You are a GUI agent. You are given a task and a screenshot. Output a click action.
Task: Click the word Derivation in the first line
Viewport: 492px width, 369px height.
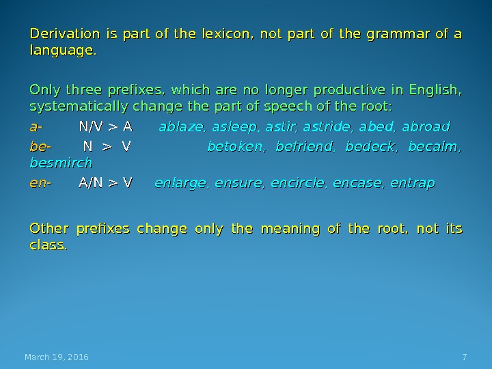coord(59,33)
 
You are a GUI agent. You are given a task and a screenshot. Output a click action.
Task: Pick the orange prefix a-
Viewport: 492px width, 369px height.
coord(36,126)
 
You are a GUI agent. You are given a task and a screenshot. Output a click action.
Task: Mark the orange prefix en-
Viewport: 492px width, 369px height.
coord(40,182)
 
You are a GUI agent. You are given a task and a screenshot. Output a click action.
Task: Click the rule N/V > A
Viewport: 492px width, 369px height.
coord(106,126)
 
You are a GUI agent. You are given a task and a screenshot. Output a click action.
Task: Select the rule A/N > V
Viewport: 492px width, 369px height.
coord(106,182)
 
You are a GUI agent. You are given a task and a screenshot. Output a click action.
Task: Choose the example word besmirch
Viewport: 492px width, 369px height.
coord(61,164)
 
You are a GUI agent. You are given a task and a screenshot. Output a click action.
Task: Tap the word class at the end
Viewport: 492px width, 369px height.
coord(48,245)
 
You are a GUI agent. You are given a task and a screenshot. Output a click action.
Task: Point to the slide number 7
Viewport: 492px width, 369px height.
coord(465,357)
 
